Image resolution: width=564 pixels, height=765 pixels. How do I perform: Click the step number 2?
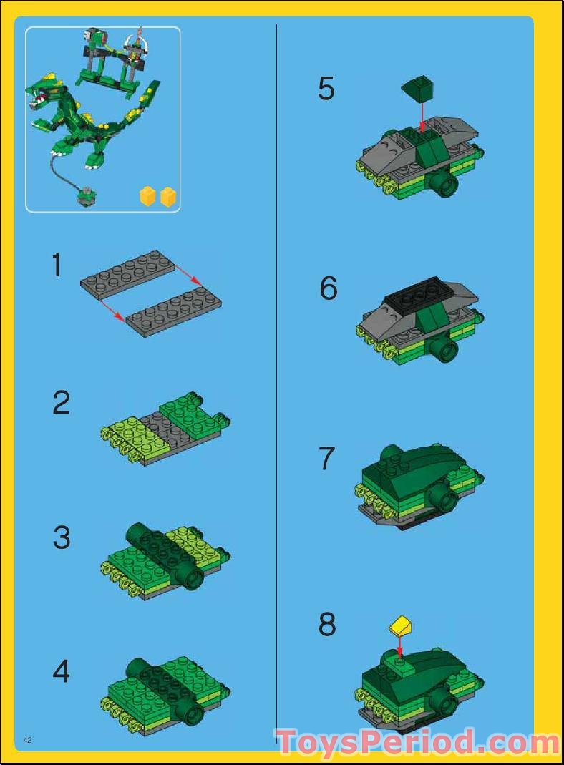(62, 403)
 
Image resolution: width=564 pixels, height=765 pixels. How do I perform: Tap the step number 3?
(62, 538)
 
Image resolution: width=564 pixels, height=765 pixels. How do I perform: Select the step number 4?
(62, 671)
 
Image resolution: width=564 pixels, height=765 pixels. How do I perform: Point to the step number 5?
(326, 89)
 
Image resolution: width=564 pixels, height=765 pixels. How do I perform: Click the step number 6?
(328, 288)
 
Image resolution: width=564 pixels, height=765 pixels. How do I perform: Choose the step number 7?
(327, 459)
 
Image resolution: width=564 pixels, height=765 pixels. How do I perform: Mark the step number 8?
(327, 624)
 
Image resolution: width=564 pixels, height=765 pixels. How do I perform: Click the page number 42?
(29, 739)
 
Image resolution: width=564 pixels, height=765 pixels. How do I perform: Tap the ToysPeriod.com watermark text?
(417, 743)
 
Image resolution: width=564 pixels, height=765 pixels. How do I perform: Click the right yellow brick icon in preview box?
(168, 196)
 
